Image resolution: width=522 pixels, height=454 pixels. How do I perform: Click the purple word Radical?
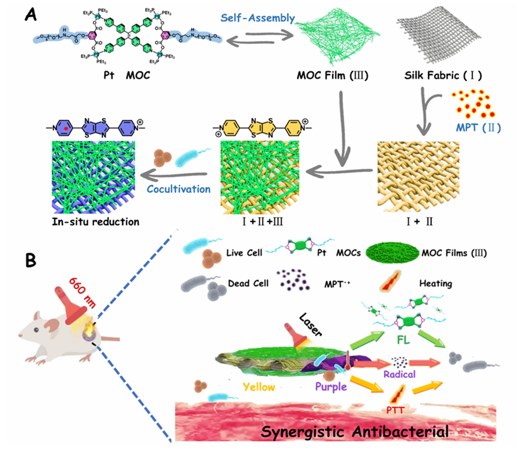coord(400,374)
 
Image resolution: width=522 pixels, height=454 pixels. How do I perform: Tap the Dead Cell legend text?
coord(248,284)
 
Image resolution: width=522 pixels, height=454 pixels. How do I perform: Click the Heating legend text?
coord(435,284)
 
